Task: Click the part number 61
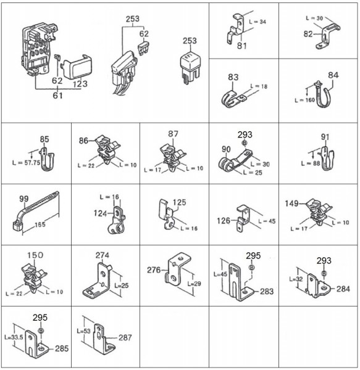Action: (57, 96)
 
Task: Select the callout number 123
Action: (80, 84)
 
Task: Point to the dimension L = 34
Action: (257, 22)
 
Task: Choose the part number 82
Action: (308, 34)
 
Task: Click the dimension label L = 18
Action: (259, 86)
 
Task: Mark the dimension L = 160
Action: (304, 100)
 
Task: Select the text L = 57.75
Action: (26, 163)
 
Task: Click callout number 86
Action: (83, 141)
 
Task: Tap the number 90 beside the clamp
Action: (226, 149)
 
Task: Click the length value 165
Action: (40, 224)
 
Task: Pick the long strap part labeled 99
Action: (36, 210)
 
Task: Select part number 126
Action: (224, 221)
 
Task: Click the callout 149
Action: (291, 203)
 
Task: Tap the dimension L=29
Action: (194, 284)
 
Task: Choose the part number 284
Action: (343, 289)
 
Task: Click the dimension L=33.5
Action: (14, 337)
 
